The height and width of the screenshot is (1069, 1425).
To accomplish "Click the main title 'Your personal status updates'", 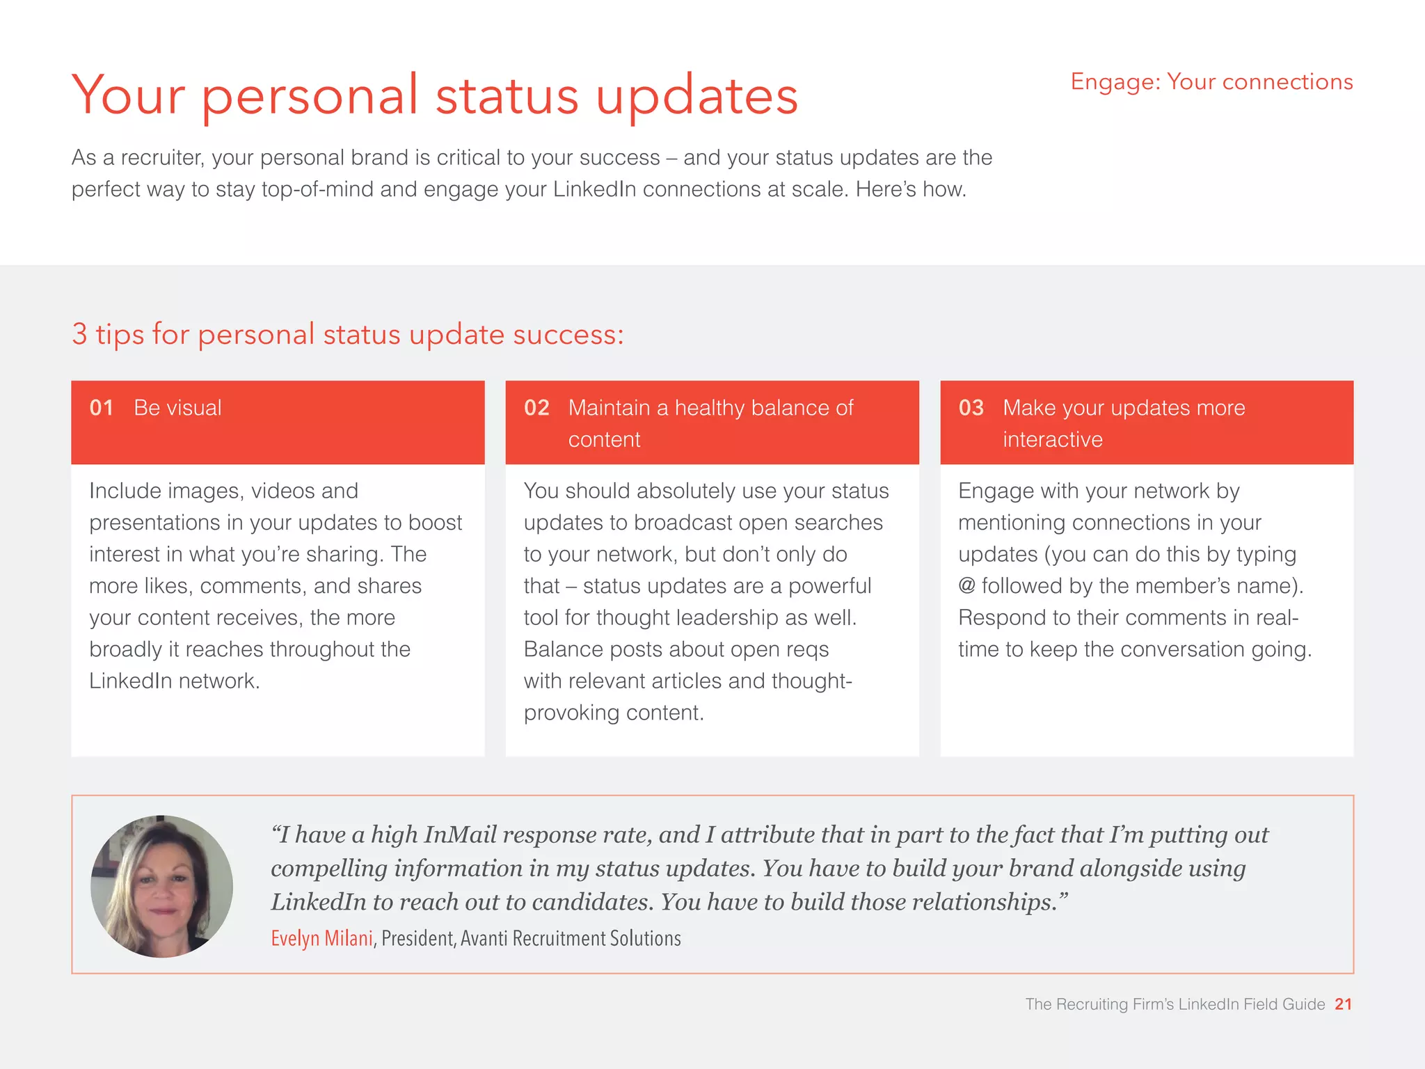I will (435, 96).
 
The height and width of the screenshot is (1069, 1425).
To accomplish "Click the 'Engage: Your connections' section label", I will (1211, 82).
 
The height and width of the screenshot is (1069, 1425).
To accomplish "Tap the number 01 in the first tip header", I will (102, 408).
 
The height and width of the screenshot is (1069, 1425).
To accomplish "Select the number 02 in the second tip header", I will (536, 408).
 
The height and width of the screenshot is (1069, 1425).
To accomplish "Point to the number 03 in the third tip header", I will (971, 408).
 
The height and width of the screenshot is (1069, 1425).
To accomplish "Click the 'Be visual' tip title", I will (177, 408).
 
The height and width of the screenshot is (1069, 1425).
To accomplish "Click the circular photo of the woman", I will (161, 886).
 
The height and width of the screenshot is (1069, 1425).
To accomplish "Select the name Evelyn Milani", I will (321, 938).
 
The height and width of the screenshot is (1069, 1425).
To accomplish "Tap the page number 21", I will (1343, 1004).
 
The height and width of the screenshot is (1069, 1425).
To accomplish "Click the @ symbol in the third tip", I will (966, 585).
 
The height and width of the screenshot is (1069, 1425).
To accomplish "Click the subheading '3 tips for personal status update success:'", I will (348, 335).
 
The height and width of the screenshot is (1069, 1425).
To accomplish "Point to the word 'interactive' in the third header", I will (1052, 440).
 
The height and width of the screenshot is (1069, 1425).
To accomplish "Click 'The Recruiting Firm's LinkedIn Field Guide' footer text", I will (1175, 1004).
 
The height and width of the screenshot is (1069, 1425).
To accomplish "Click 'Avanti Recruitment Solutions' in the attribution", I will (571, 938).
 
